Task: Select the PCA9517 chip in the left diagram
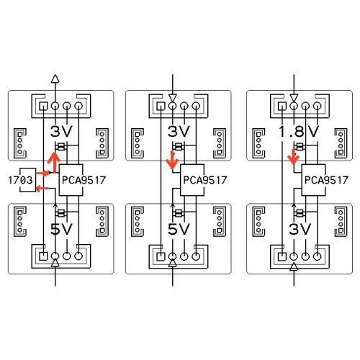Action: (x=71, y=180)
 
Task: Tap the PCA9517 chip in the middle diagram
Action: (x=192, y=180)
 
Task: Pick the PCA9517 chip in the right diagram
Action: (x=313, y=180)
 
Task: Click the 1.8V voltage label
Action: (x=299, y=131)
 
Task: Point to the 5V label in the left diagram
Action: (x=61, y=229)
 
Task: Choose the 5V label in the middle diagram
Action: (x=179, y=229)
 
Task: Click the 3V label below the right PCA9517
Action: (x=300, y=229)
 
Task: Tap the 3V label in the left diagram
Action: (x=61, y=131)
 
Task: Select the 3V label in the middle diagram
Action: (x=179, y=131)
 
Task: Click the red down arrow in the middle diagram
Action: (x=172, y=161)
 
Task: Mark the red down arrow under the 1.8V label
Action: (x=294, y=157)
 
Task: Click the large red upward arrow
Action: (x=54, y=163)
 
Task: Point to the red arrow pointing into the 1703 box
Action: (x=42, y=189)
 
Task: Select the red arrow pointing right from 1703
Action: (x=42, y=173)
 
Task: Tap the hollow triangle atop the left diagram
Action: (x=55, y=78)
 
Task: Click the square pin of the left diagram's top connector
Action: (x=43, y=106)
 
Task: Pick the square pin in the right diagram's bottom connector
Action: (x=282, y=256)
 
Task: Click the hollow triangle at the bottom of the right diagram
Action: (x=294, y=266)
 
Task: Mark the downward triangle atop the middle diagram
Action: (x=173, y=98)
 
